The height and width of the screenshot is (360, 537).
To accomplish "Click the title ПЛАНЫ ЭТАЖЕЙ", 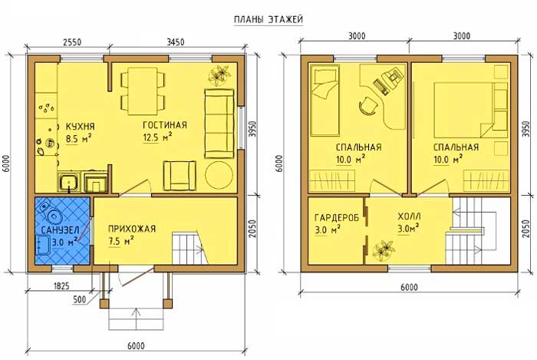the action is (268, 20).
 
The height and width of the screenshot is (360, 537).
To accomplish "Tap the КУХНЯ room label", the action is (80, 127).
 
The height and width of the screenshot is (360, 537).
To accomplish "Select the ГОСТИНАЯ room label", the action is (165, 124).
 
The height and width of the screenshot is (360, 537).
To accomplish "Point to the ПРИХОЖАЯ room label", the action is (132, 229).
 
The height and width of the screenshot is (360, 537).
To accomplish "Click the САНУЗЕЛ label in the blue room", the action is (61, 230).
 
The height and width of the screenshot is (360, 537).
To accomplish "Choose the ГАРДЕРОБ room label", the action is (337, 217).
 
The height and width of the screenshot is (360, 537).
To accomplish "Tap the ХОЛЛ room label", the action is (409, 216).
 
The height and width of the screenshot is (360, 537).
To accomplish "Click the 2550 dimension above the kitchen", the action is (72, 41).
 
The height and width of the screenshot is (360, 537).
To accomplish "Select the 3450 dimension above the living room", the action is (176, 41).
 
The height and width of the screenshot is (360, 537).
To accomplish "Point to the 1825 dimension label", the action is (61, 285).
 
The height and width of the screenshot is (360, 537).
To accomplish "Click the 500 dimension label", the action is (80, 299).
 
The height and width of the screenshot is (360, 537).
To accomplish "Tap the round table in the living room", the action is (219, 174).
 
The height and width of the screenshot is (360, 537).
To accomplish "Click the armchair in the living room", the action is (180, 175).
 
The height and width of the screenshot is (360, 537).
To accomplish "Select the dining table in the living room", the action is (143, 91).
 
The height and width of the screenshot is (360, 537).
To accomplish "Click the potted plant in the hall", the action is (384, 250).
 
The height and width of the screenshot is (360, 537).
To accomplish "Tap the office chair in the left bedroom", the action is (367, 105).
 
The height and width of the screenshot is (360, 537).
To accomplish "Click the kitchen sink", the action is (70, 182).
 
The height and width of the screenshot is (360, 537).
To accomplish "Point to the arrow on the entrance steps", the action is (137, 319).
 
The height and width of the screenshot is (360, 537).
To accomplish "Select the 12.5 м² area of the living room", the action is (157, 137).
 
